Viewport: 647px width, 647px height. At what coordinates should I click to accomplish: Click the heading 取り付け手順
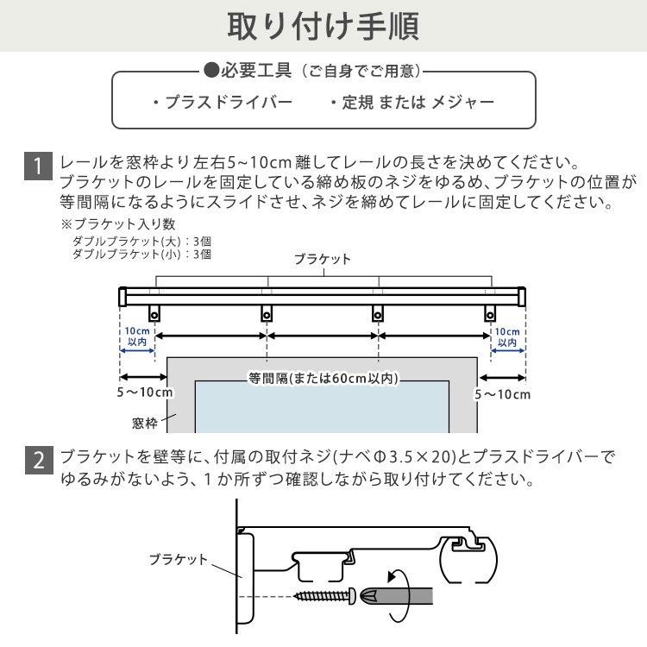click(x=323, y=27)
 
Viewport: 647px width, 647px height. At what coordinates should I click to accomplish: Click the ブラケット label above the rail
click(x=323, y=259)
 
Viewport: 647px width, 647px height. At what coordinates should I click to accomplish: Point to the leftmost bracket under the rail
click(x=156, y=313)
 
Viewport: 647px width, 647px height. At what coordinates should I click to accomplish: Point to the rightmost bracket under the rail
click(x=490, y=313)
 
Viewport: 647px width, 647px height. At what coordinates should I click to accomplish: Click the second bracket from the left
click(x=267, y=313)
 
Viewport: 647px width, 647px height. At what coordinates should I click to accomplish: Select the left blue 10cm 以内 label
click(x=136, y=336)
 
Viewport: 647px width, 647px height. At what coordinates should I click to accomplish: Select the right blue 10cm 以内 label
click(x=508, y=336)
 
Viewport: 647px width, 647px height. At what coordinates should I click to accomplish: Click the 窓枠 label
click(x=145, y=423)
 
